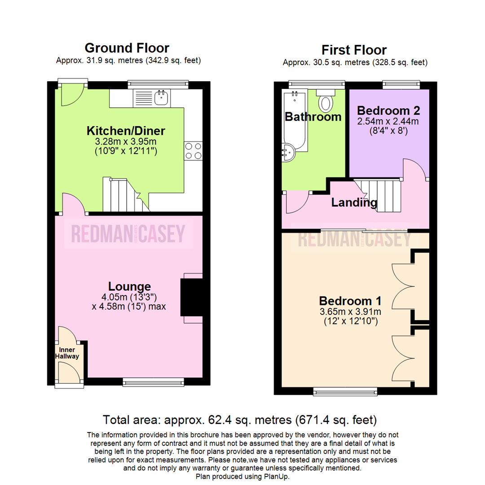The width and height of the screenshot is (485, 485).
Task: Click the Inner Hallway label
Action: click(67, 353)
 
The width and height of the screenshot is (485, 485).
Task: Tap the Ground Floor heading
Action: click(127, 48)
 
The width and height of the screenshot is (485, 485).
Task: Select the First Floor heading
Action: click(354, 49)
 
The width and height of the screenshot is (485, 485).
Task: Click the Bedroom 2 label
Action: click(388, 110)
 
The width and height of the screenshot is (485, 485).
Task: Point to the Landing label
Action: click(354, 203)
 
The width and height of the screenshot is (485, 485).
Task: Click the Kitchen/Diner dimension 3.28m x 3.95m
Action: click(126, 141)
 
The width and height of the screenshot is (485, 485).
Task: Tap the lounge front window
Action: click(154, 382)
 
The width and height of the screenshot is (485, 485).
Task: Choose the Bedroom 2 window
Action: click(401, 84)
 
